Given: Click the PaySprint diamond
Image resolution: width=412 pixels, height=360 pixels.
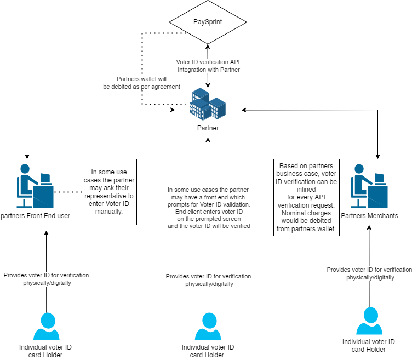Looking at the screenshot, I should coord(208,22).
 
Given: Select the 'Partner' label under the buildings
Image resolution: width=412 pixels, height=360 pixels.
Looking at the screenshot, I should coord(208,128).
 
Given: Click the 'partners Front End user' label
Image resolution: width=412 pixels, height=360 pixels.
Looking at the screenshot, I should coord(35,215).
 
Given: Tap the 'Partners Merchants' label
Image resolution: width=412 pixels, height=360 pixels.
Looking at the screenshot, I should coord(369,215).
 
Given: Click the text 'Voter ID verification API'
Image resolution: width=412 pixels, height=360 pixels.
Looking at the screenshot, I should coord(208,62).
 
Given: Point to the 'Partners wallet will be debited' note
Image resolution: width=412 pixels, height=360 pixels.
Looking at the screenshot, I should coord(141,83).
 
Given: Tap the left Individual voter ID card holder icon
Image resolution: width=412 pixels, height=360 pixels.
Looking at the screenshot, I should coord(46,327).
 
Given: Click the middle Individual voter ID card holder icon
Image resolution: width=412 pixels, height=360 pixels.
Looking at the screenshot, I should coord(208,327).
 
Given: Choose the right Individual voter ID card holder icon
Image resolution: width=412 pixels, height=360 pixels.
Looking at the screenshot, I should coord(369,321).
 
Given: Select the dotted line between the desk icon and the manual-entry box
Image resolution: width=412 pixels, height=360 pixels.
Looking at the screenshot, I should coord(67,192).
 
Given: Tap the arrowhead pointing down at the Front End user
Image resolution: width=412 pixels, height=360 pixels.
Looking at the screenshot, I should coord(26,155).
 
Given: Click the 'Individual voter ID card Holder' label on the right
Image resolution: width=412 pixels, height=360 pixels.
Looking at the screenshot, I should coord(369,346).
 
